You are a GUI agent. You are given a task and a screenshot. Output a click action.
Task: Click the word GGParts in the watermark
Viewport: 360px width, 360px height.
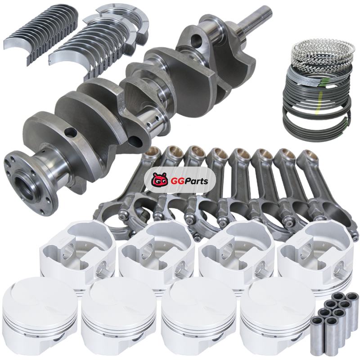point(189,181)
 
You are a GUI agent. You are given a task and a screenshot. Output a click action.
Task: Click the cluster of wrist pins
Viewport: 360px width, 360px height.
point(334,323)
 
